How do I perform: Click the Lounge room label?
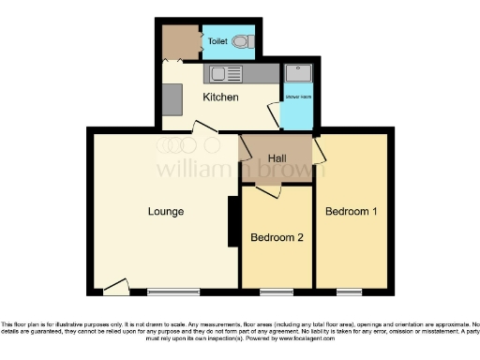(165, 211)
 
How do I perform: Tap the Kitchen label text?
(220, 97)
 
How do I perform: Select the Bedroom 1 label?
(351, 211)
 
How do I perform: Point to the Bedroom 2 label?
(277, 238)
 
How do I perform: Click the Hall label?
(277, 157)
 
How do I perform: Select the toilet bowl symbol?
(242, 41)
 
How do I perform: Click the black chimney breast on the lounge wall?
(232, 222)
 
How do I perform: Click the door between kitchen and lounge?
(203, 127)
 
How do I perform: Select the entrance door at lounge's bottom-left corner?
(116, 286)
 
